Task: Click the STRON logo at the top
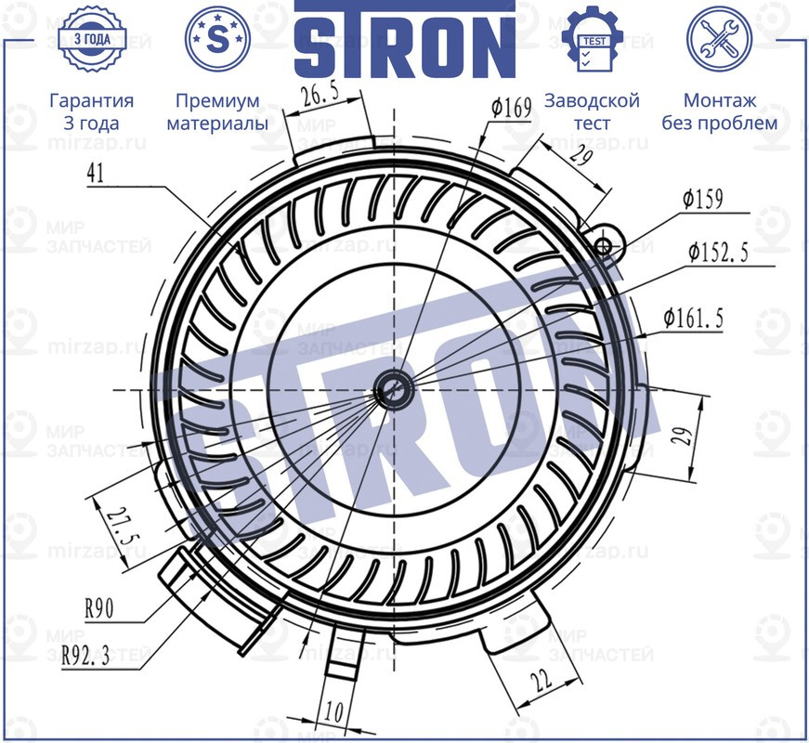(404, 41)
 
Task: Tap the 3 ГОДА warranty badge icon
(91, 40)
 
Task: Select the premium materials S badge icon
(217, 39)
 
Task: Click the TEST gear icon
(592, 40)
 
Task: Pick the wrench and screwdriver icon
(718, 40)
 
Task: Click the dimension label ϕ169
(511, 109)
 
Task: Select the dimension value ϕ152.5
(718, 254)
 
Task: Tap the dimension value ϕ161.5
(693, 319)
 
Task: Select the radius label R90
(98, 610)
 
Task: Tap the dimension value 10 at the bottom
(333, 711)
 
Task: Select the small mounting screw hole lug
(604, 245)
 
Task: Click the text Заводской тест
(592, 111)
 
